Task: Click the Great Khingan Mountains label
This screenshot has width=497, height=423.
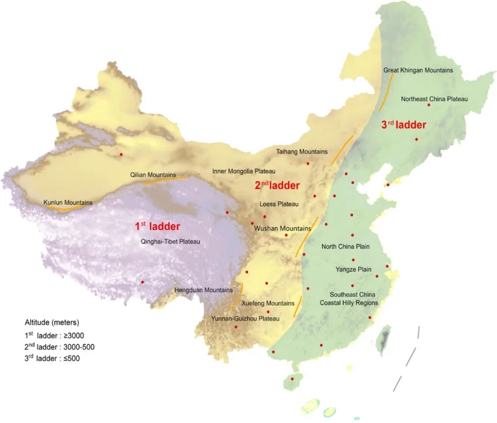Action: coord(418,70)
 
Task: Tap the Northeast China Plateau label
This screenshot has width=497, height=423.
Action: coord(434,99)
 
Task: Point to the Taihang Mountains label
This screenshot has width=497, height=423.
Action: coord(301,152)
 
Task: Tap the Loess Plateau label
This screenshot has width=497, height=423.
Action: coord(279,204)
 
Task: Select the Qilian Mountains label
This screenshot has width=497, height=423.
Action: coord(153,174)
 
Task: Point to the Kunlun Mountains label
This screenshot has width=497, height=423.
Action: coord(68,203)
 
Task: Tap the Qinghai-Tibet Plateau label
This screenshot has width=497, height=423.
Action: coord(171,241)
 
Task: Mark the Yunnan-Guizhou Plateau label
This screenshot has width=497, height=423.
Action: coord(241,318)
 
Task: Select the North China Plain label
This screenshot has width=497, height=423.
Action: coord(346,246)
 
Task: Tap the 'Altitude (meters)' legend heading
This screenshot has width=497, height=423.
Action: coord(51,322)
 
